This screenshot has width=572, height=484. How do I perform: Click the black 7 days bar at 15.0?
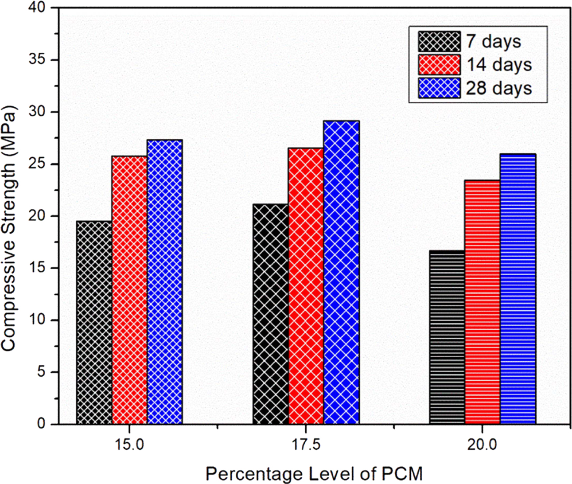pos(94,322)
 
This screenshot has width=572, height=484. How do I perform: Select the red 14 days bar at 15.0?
pos(129,290)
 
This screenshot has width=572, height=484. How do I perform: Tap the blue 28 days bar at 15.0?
pos(165,282)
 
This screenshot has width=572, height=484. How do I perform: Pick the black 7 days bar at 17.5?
pos(271,314)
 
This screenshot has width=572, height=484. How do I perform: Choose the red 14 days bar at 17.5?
pos(306,286)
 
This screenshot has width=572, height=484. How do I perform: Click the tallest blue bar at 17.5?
pos(342,272)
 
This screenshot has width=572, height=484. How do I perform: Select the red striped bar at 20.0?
pos(483,302)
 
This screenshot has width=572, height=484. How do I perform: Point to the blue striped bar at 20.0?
pos(518,289)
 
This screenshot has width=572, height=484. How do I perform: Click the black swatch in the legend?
pos(439,41)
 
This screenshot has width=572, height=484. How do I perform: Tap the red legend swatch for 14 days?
pos(439,65)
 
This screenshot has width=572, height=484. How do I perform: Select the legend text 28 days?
pos(498,88)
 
